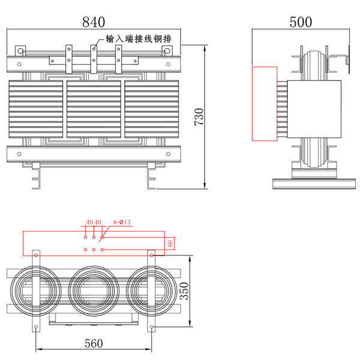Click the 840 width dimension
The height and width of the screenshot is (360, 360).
coord(94,22)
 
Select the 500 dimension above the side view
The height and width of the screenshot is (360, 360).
coord(301,22)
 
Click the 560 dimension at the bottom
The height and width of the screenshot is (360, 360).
coord(94,343)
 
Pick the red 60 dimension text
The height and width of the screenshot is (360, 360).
coord(170,243)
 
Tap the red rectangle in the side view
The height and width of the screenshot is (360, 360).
coord(264,103)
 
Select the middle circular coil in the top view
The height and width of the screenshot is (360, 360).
coord(94,291)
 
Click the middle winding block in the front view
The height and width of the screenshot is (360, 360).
coord(93,108)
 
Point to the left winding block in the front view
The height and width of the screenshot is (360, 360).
coord(36,108)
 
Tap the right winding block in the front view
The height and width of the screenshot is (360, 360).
coord(151,108)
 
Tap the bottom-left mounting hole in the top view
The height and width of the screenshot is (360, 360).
coord(36,327)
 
